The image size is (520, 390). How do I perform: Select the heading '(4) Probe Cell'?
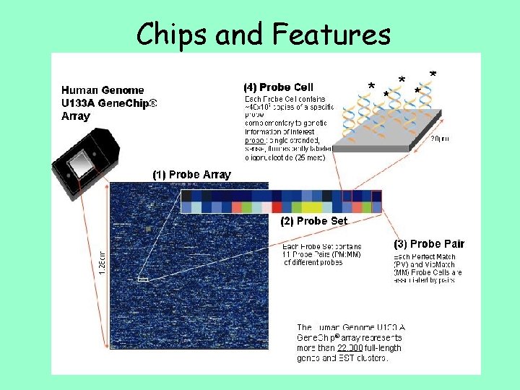coord(278,87)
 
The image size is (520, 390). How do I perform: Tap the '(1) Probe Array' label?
coord(191,174)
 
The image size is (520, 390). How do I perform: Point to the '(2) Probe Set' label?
coord(313,221)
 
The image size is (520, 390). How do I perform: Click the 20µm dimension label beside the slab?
coord(439,139)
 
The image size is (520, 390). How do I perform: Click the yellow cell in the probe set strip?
coord(317,208)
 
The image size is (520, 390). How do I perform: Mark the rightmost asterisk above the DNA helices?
coord(432,74)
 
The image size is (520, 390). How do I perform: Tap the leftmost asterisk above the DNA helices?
coord(371,87)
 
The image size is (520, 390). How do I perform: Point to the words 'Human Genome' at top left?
coord(102,90)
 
